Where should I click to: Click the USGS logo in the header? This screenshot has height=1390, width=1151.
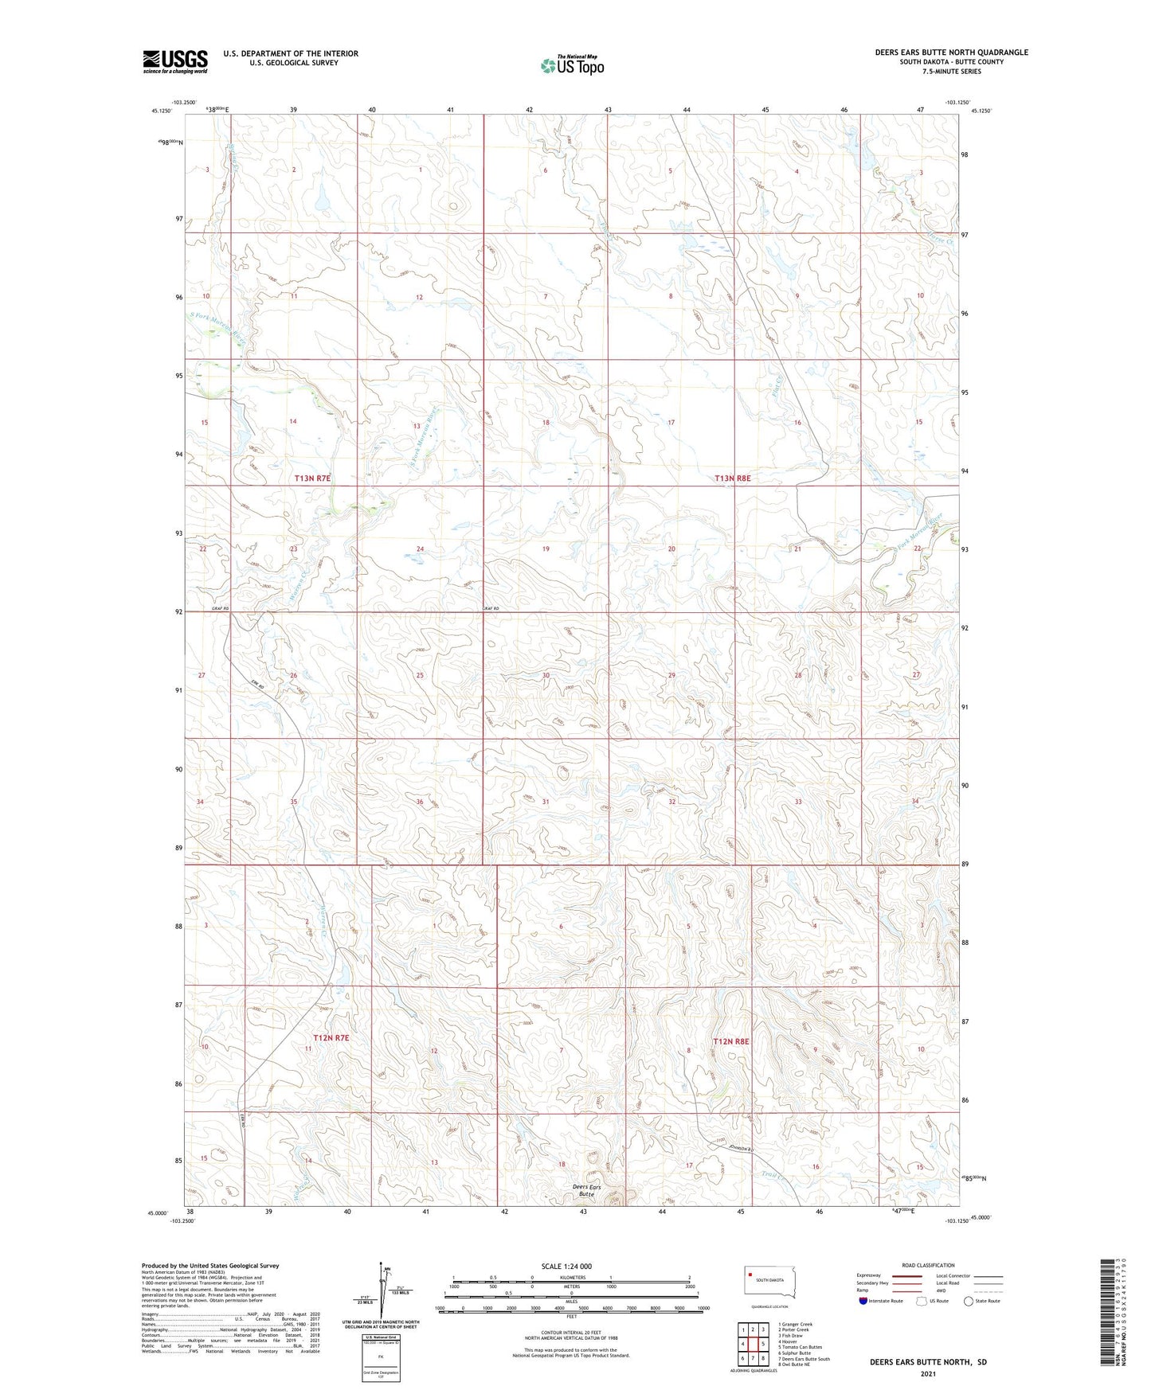coord(175,61)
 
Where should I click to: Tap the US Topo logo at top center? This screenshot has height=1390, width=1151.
coord(572,65)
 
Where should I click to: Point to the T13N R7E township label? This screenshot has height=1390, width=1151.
coord(312,478)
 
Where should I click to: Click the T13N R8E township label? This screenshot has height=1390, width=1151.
coord(733,478)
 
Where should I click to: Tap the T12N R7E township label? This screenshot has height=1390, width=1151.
coord(331,1038)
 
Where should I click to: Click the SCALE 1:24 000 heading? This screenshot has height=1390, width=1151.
coord(566,1267)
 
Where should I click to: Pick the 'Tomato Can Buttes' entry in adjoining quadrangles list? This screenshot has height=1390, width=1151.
coord(799,1347)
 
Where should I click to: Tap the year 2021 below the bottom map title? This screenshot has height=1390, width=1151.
coord(928,1374)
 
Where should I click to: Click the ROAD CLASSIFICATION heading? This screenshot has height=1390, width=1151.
coord(928,1265)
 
